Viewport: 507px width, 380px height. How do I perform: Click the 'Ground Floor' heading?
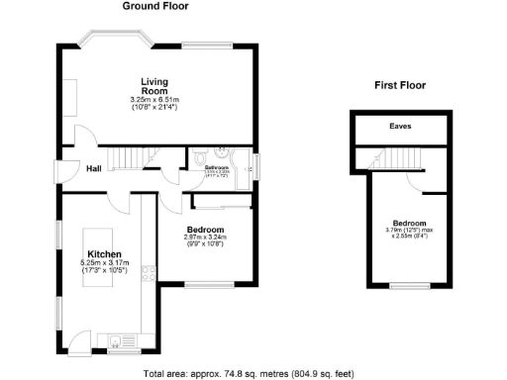coord(154,6)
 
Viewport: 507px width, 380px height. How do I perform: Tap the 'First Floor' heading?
coord(401,86)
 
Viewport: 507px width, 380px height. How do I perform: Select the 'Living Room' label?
coord(153,86)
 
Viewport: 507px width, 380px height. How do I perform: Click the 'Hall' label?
coord(94,169)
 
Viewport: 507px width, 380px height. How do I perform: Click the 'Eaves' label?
coord(400,127)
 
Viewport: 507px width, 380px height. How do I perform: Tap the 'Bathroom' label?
coord(217,168)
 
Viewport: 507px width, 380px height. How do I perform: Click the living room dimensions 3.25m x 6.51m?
coord(153,100)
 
